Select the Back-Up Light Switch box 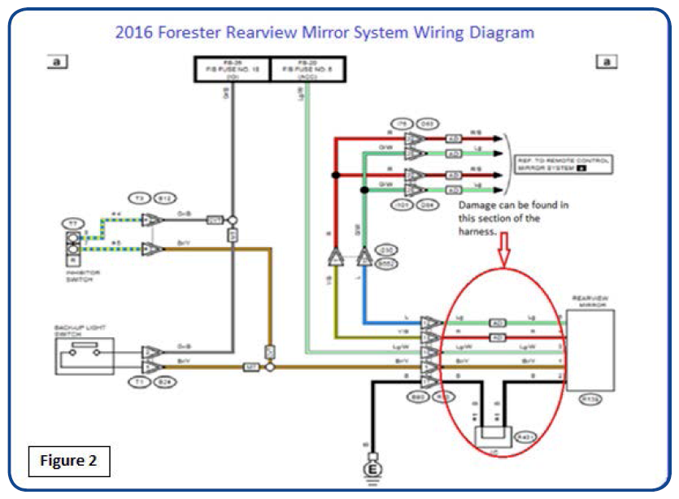click(x=84, y=353)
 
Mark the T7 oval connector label click(x=72, y=222)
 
